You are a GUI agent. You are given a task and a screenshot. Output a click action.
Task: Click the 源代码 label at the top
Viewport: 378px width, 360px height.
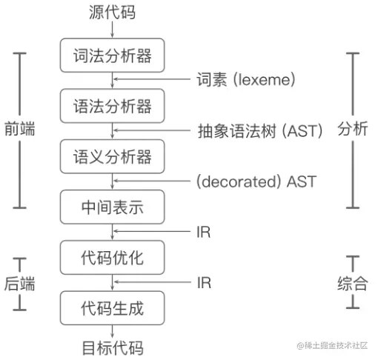(112, 12)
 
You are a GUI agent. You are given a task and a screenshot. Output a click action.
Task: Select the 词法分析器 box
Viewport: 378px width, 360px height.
(112, 56)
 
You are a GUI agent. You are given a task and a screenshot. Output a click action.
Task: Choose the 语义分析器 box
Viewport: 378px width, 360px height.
(112, 156)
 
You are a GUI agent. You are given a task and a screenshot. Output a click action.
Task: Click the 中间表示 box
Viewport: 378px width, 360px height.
(112, 207)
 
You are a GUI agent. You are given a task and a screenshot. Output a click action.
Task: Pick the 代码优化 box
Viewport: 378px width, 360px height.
(112, 257)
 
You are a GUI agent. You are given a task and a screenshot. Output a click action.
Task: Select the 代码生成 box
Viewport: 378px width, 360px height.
(112, 307)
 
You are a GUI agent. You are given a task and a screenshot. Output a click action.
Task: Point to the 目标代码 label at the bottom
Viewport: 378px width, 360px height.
(112, 347)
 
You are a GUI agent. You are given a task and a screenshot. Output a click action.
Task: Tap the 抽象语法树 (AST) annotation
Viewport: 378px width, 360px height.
(259, 130)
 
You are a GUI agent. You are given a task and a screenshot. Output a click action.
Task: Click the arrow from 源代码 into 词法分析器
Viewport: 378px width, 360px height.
(112, 28)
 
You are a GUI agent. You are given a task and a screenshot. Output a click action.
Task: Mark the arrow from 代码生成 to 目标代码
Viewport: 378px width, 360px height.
(112, 331)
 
